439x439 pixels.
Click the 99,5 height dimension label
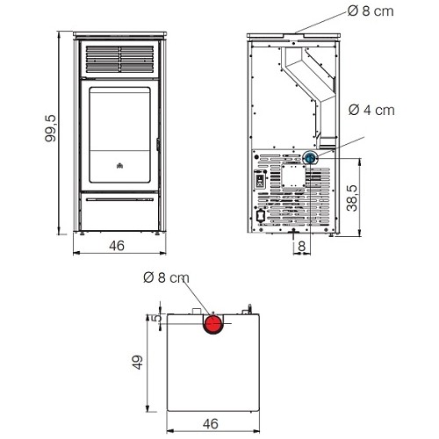point(50,128)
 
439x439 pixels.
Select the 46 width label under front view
point(117,246)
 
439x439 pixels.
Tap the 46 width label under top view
point(211,423)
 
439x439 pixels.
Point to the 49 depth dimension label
point(137,363)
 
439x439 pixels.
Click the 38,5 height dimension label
point(352,198)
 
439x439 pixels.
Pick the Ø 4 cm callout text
point(371,111)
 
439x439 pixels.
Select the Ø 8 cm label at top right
point(371,11)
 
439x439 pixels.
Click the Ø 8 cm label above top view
point(166,277)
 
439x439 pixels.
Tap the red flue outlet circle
point(213,324)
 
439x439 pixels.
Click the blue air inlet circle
point(310,158)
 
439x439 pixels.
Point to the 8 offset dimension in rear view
point(302,246)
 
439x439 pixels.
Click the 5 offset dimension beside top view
point(158,317)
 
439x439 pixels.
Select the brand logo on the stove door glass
point(119,166)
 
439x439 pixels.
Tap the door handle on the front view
point(158,145)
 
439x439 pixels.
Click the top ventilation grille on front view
point(119,59)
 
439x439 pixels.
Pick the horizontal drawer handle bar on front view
point(119,199)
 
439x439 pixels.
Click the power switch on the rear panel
point(260,180)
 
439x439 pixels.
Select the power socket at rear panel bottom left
point(260,216)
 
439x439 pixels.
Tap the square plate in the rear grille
point(293,176)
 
